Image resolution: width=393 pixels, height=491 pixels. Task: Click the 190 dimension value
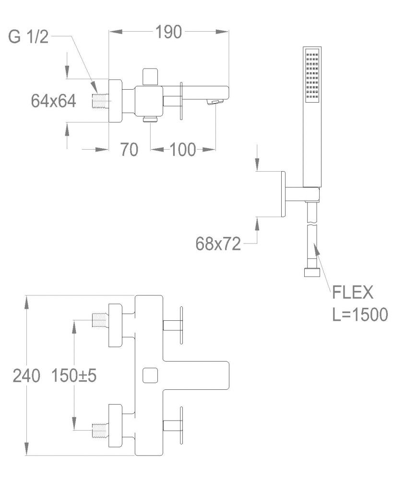tap(168, 33)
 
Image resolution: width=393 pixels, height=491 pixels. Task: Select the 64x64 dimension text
tap(53, 101)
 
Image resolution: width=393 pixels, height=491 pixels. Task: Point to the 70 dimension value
tap(129, 150)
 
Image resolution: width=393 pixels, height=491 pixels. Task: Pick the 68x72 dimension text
tap(218, 244)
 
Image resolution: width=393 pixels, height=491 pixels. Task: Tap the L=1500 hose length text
tap(360, 315)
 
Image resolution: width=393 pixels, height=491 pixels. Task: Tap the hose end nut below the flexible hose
tap(311, 273)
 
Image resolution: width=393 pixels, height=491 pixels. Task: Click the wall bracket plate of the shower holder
tap(284, 194)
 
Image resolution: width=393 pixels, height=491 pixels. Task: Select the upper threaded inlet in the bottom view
tap(99, 320)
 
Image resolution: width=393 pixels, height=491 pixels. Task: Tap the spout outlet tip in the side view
tap(214, 102)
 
